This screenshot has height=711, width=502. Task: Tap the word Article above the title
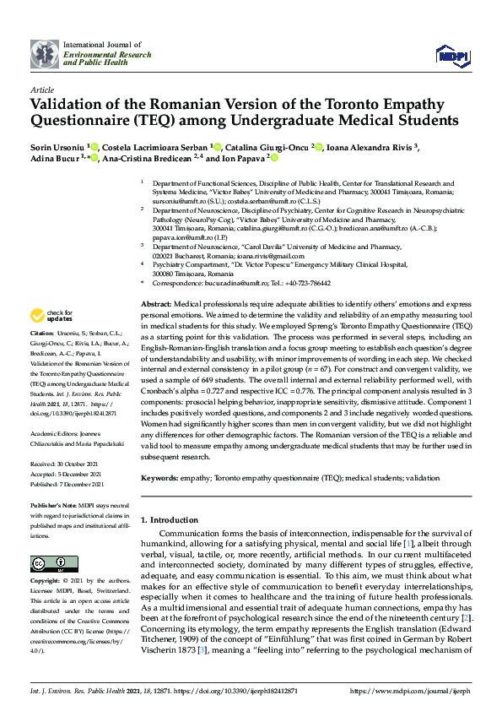(x=42, y=89)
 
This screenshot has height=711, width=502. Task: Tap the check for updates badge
(x=51, y=317)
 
